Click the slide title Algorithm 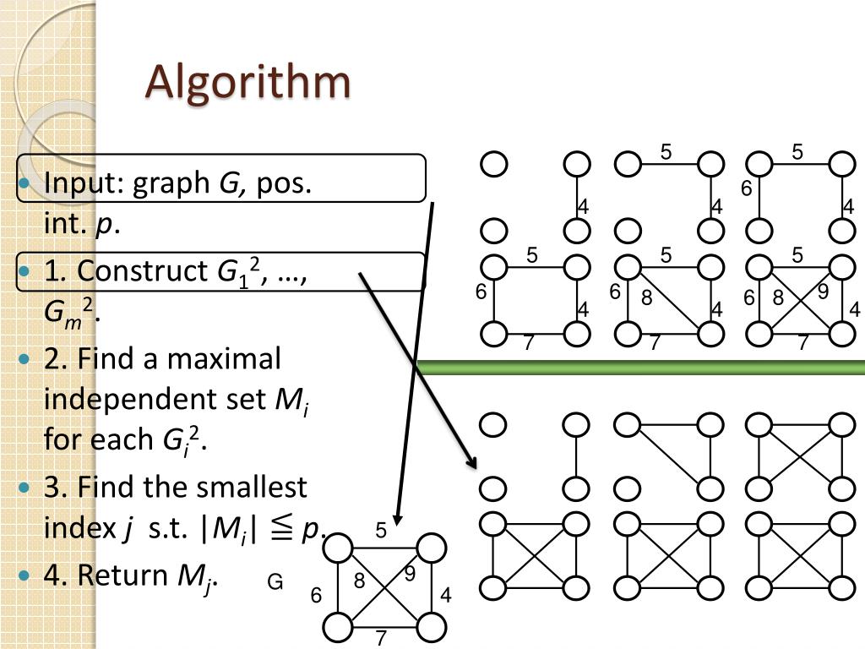248,82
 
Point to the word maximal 223,359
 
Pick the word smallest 252,488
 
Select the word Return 122,575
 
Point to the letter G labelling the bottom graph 275,582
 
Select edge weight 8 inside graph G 359,582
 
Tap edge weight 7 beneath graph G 381,638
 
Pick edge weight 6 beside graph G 316,596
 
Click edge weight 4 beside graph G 446,596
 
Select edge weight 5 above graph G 381,531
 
